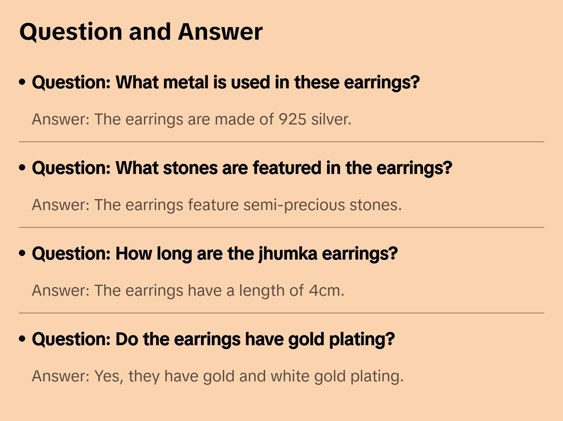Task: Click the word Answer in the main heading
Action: [x=220, y=32]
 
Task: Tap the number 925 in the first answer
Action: [x=293, y=119]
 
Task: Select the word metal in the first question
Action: [x=186, y=82]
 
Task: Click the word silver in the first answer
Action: [x=331, y=119]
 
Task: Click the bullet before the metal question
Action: [x=22, y=82]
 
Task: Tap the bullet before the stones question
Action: [x=22, y=168]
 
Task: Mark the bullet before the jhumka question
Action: [x=22, y=253]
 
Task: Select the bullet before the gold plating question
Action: [x=22, y=339]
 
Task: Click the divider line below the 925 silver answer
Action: [x=281, y=142]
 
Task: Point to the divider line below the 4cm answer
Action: [x=281, y=313]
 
